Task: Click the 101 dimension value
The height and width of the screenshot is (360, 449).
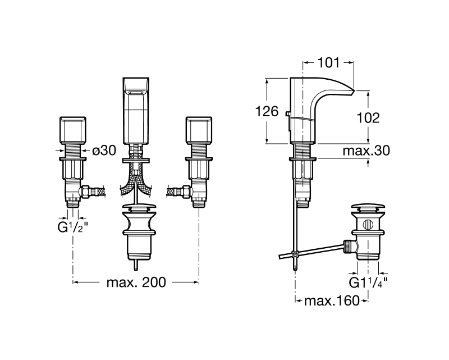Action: (x=328, y=63)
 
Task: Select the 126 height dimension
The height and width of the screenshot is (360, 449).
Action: (x=267, y=111)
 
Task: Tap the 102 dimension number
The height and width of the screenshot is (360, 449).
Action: (x=368, y=118)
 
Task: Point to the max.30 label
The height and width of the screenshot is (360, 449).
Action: (x=366, y=151)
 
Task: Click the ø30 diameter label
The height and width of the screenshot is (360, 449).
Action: (x=104, y=150)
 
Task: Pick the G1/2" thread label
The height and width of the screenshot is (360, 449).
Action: (x=73, y=227)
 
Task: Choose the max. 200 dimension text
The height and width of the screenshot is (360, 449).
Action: (x=136, y=282)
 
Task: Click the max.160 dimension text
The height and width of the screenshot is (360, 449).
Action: (x=332, y=300)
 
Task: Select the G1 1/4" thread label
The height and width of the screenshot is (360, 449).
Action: (x=368, y=282)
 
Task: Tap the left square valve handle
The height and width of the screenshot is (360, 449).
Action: (x=73, y=130)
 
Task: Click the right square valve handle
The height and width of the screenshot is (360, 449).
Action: (x=199, y=130)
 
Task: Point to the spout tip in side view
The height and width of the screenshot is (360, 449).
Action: (x=354, y=91)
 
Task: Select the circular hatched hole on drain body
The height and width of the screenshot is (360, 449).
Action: (x=368, y=225)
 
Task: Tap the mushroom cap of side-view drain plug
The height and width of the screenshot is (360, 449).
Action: (x=368, y=207)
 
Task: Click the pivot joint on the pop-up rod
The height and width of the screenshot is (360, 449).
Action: (x=295, y=253)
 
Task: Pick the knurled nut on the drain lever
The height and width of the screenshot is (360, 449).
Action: (x=347, y=247)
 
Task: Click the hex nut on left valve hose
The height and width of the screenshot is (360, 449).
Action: (x=86, y=192)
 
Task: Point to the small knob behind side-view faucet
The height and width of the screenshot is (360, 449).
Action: (x=287, y=114)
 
